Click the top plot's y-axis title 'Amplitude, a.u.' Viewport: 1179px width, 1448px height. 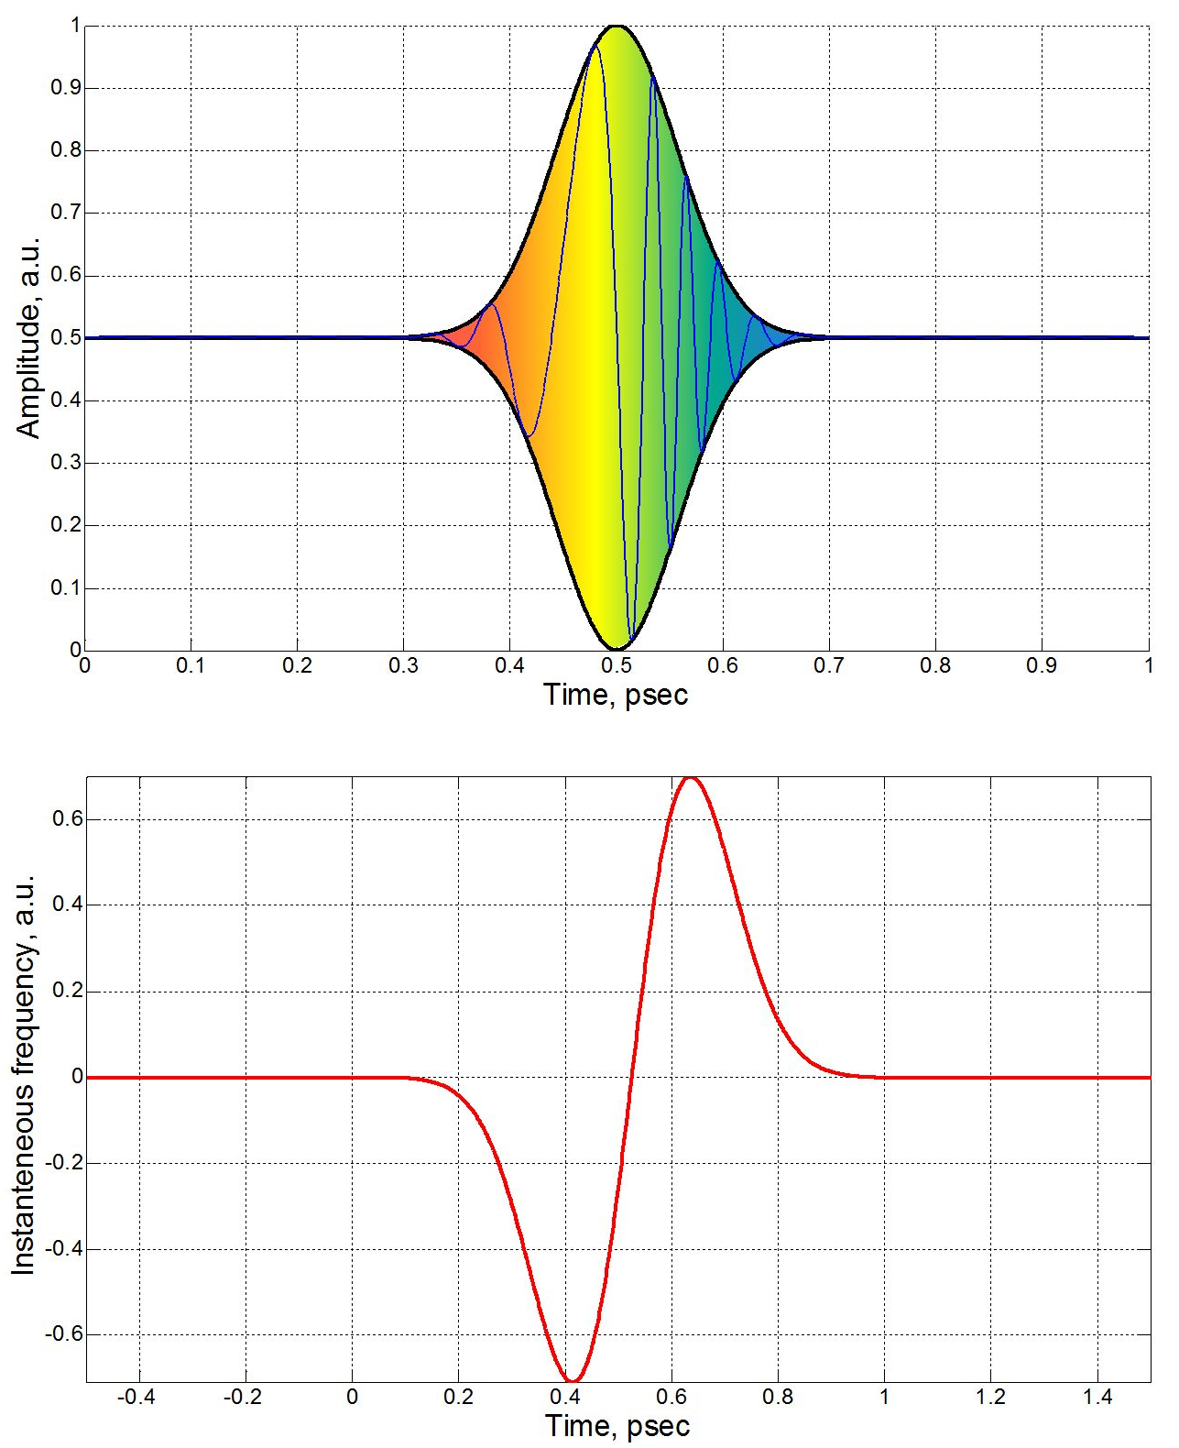(29, 338)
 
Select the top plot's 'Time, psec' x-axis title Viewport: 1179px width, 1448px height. (616, 695)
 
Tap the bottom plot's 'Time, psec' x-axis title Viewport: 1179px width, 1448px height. (617, 1426)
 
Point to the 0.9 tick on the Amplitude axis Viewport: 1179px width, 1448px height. (64, 88)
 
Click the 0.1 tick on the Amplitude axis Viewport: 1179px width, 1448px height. (64, 587)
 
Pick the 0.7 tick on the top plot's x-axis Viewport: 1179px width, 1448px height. (829, 665)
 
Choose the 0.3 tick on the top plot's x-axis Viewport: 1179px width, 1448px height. (404, 665)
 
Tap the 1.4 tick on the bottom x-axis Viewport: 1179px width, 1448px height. (1097, 1397)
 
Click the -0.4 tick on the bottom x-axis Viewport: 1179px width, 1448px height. (136, 1397)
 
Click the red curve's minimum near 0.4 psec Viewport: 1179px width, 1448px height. (572, 1380)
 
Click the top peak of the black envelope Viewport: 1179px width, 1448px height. (617, 27)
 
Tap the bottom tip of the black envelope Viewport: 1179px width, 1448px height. (617, 649)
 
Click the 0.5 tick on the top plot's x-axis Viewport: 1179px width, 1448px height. (617, 665)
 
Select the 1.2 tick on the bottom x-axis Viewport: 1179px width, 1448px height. (990, 1397)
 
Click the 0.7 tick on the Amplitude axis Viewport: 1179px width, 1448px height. (64, 213)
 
